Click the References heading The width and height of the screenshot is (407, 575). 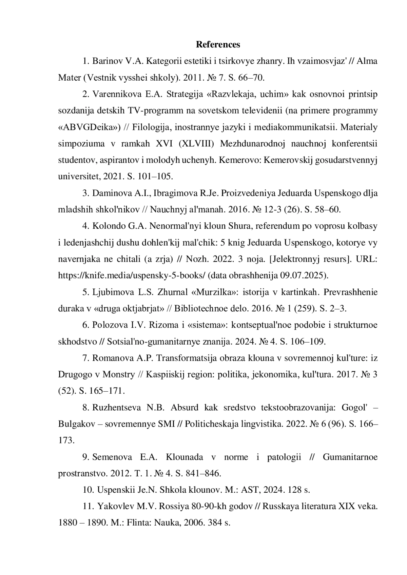coord(218,44)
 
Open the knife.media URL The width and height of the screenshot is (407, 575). coord(132,275)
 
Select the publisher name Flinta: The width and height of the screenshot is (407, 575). coord(139,522)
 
